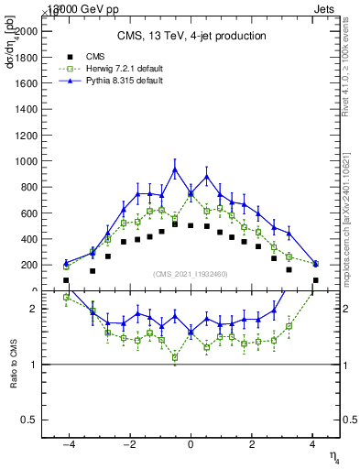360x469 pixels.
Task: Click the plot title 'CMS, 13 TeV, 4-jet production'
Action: [x=191, y=36]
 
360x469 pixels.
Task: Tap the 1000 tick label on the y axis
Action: [x=27, y=160]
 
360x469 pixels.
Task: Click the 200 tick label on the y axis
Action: [x=29, y=265]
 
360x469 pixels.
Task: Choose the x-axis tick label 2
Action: [x=252, y=445]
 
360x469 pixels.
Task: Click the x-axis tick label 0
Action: [x=191, y=445]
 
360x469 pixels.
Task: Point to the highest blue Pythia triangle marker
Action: [x=175, y=169]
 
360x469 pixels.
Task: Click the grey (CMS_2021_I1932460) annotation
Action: [x=191, y=274]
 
